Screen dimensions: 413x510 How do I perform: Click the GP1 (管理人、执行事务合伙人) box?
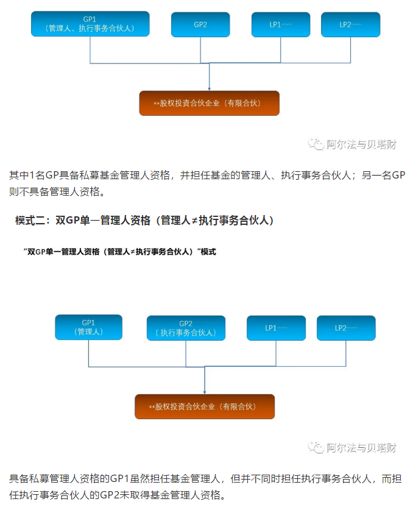pos(90,24)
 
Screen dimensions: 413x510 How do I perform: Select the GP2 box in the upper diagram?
pos(200,24)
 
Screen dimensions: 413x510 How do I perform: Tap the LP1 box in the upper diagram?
pos(281,24)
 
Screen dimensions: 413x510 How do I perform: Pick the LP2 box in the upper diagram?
pos(350,24)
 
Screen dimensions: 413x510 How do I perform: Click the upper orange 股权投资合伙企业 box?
pos(209,103)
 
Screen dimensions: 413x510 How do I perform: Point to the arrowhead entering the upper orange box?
pos(209,89)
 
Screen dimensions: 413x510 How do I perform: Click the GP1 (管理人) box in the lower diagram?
pos(88,327)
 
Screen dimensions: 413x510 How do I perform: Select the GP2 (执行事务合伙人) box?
pos(186,328)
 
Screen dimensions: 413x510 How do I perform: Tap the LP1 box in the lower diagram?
pos(276,328)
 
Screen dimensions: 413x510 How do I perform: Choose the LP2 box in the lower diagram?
pos(346,328)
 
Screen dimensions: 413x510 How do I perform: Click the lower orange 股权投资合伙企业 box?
pos(205,406)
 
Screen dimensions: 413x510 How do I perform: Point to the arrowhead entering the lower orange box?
pos(205,392)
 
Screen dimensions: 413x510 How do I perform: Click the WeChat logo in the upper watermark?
pos(316,144)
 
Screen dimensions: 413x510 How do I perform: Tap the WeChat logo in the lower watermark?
pos(316,447)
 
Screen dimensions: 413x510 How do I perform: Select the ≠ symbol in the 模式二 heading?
pos(194,221)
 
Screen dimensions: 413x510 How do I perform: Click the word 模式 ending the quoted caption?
pos(208,252)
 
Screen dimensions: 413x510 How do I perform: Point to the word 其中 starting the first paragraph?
pos(19,175)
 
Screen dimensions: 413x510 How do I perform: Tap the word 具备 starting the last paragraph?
pos(19,479)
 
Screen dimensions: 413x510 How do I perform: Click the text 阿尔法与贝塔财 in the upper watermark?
pos(361,144)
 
